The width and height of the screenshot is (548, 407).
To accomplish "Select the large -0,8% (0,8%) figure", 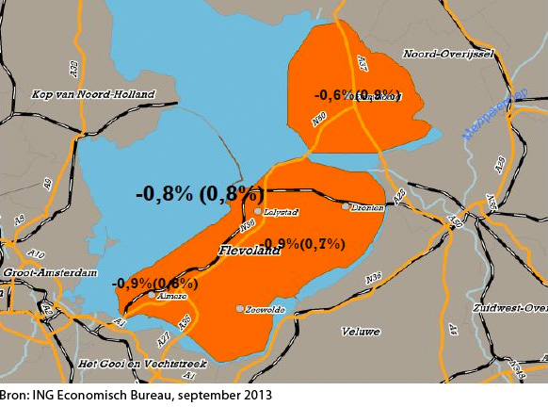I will tap(200, 193).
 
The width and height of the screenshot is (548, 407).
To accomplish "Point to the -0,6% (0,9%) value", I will tap(357, 95).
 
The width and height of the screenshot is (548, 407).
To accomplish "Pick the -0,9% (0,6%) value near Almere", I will tap(155, 283).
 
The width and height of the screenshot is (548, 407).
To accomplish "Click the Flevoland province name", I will tap(250, 252).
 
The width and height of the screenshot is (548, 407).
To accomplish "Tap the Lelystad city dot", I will tap(258, 212).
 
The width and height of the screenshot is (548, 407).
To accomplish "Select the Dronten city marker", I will tap(346, 206).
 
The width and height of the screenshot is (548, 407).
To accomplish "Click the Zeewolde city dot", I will tap(240, 309).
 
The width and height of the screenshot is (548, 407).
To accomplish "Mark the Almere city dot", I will tap(153, 295).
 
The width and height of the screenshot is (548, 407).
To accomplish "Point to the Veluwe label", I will tap(362, 332).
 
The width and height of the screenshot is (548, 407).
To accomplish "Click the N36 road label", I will tap(373, 280).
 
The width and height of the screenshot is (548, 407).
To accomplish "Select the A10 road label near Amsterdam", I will tap(36, 254).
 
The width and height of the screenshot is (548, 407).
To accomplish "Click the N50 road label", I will tap(319, 119).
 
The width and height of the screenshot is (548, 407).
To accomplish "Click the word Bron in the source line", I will tap(13, 396).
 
